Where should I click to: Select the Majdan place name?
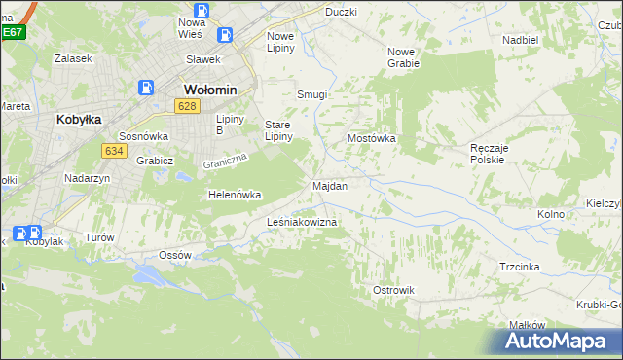point(330,185)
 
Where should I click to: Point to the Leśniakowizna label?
point(302,223)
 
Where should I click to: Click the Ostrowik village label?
point(394,290)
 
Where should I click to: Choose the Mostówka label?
point(372,138)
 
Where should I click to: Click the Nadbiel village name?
point(521,40)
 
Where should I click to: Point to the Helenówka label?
point(235,195)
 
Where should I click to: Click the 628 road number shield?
point(188,105)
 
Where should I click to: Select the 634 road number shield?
point(113,150)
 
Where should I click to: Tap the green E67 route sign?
point(12,32)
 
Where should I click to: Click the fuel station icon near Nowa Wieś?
point(226,35)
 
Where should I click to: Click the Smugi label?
point(311,95)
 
